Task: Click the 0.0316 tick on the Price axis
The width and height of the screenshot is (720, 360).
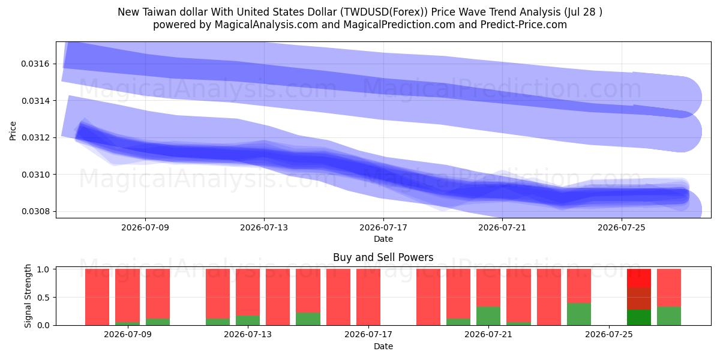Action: point(35,64)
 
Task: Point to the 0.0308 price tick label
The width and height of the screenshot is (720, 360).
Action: point(35,211)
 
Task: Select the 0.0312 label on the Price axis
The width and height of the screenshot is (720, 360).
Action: point(35,137)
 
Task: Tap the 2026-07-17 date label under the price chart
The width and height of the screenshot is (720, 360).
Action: point(383,227)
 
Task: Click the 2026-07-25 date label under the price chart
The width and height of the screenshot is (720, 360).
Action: point(622,227)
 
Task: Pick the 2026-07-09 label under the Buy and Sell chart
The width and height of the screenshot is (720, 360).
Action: point(128,335)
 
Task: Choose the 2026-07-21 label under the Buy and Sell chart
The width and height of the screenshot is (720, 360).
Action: point(488,335)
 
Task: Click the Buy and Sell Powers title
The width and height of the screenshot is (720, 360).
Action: point(383,257)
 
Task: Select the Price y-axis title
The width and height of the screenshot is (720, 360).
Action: point(13,131)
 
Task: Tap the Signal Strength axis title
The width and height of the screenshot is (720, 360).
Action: point(28,296)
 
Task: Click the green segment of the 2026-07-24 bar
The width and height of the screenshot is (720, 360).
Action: point(579,314)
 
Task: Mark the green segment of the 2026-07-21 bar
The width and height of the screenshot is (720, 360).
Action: point(488,316)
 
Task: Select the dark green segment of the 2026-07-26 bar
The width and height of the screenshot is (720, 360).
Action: point(639,317)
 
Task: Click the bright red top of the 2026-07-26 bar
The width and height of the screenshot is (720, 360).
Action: point(639,278)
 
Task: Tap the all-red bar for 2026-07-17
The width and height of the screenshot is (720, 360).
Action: point(368,297)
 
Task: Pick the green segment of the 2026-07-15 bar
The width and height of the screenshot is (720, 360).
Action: point(308,319)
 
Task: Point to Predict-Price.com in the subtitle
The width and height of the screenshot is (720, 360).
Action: point(524,25)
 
